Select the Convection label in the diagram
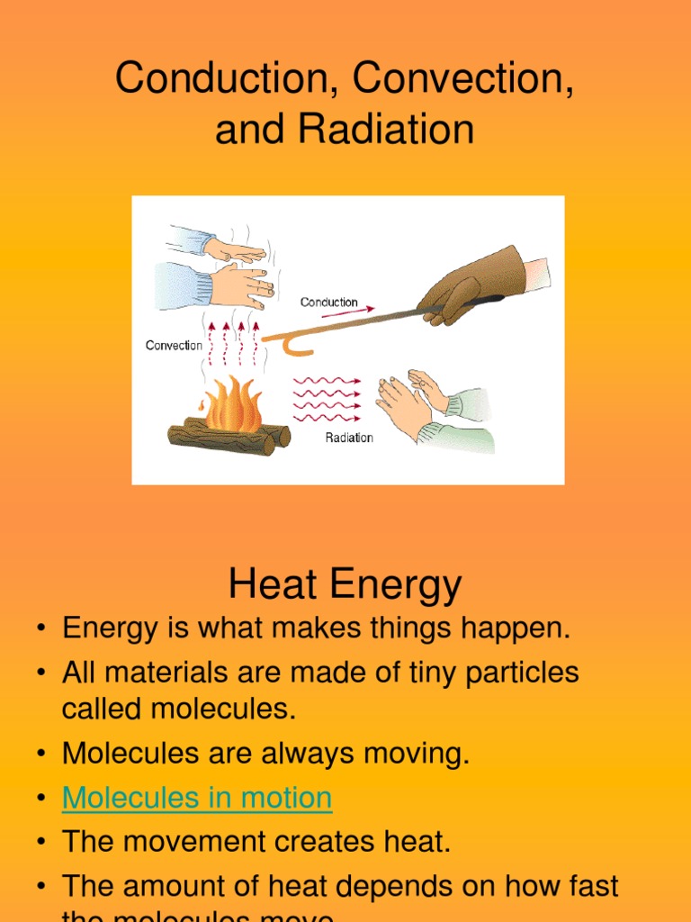point(174,346)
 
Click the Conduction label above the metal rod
point(328,303)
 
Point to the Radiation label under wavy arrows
point(349,438)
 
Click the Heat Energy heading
point(345,585)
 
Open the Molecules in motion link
point(197,798)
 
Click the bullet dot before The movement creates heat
point(40,843)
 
